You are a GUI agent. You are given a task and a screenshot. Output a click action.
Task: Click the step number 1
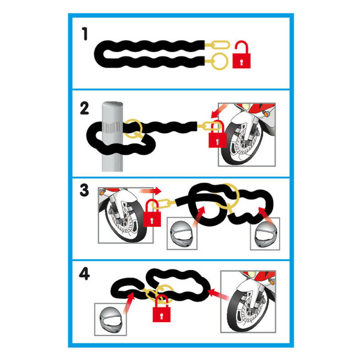85,34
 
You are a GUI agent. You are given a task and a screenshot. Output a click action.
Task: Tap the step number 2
85,109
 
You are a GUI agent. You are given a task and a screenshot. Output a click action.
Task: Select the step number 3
84,190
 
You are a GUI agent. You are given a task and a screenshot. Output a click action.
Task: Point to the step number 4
84,274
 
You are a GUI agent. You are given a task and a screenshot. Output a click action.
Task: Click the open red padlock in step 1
242,55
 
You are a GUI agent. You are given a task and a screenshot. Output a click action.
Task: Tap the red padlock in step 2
217,136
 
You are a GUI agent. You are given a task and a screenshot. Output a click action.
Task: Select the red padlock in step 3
152,215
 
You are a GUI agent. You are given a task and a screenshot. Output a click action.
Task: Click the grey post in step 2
112,136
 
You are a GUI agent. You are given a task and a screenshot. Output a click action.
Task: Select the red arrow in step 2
218,110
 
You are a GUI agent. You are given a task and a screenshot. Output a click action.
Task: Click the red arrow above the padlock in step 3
150,191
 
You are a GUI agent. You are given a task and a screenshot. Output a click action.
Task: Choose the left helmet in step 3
182,235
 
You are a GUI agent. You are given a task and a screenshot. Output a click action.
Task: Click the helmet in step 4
110,320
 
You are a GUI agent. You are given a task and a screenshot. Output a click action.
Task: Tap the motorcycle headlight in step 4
252,274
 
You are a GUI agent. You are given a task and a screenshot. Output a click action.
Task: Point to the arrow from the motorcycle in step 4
219,295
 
